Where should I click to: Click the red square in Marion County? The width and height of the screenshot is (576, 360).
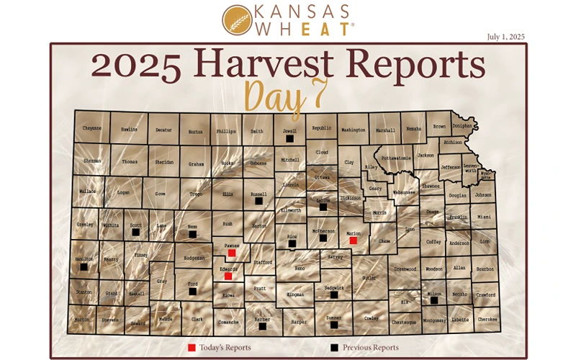tap(354, 240)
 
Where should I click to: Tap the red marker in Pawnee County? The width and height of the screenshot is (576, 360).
tap(231, 253)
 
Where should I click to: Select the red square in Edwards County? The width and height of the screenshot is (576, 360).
tap(228, 276)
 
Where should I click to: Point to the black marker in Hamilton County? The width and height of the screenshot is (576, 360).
tap(84, 266)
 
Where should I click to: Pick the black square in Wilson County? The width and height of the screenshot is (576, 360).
tap(434, 300)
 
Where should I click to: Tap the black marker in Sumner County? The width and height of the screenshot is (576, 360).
tap(333, 325)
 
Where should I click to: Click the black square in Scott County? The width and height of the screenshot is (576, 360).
tap(135, 232)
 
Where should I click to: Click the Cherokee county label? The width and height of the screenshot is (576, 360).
tap(487, 320)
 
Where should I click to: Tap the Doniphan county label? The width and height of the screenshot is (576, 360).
tap(462, 126)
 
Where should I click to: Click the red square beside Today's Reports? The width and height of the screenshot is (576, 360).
tap(192, 348)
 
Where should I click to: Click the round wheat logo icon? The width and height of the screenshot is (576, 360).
tap(236, 20)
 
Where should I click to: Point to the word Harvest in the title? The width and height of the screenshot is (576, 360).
tap(264, 66)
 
